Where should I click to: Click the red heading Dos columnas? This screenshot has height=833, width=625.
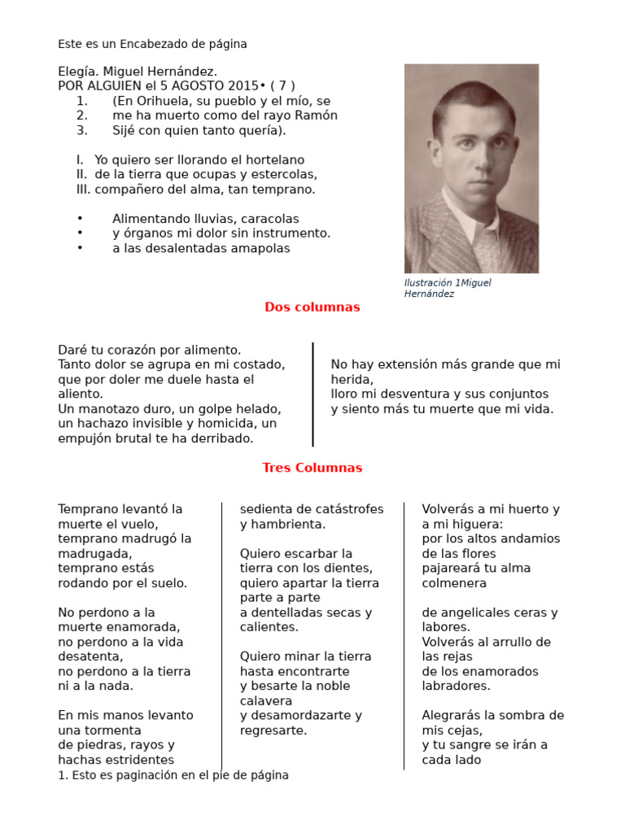(312, 307)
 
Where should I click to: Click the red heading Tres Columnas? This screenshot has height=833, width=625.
(312, 468)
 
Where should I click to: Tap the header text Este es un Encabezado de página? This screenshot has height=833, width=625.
(152, 44)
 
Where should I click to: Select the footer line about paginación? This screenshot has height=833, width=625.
(173, 775)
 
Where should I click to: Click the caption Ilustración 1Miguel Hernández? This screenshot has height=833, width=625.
(448, 288)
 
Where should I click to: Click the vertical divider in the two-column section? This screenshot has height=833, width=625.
(313, 395)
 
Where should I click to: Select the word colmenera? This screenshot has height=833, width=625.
(454, 583)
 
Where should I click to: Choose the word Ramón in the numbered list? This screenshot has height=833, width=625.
(318, 116)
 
